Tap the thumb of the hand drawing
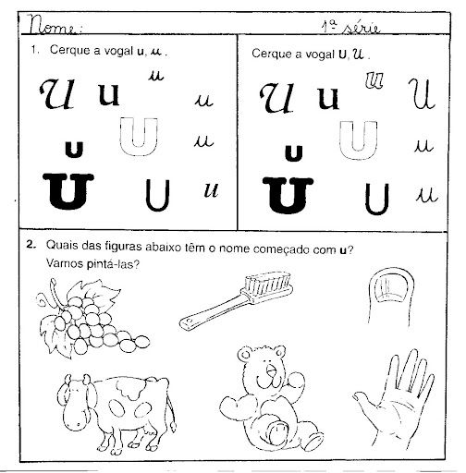point(367,400)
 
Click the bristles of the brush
point(267,284)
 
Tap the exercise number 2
point(31,245)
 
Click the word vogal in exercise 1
point(118,51)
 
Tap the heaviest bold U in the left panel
point(68,191)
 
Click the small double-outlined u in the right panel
point(374,80)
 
